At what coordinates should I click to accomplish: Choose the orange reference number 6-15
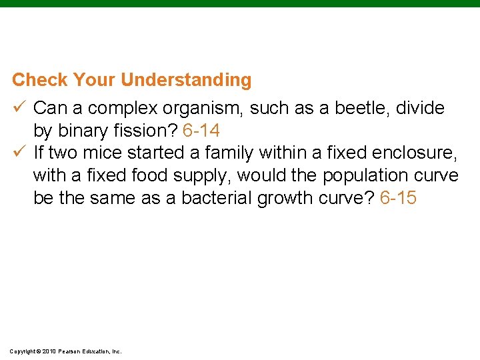tap(398, 199)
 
